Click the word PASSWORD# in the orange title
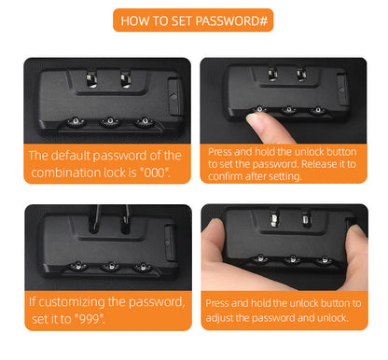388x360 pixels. click(231, 21)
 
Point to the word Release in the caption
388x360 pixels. click(319, 164)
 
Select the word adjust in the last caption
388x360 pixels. click(219, 318)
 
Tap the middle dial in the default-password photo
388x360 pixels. click(110, 121)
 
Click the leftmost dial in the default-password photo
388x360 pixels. click(76, 122)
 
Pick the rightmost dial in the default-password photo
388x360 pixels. click(145, 121)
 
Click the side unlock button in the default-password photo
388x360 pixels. click(174, 97)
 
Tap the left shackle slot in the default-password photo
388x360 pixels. click(91, 79)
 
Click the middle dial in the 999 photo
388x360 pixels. click(111, 267)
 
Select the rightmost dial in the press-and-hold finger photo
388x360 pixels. click(318, 110)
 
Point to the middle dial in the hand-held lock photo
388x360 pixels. click(292, 259)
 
